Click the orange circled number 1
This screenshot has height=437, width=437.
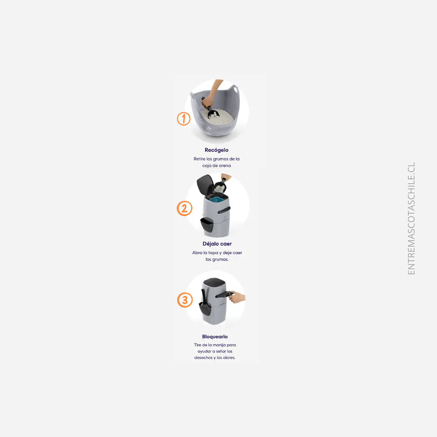pyautogui.click(x=183, y=119)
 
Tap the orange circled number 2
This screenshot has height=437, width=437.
pyautogui.click(x=184, y=209)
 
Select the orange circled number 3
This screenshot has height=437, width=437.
pyautogui.click(x=185, y=300)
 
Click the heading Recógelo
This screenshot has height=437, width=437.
pyautogui.click(x=216, y=150)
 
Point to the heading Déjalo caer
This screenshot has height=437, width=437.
pyautogui.click(x=217, y=244)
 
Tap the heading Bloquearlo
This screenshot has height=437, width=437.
pyautogui.click(x=215, y=337)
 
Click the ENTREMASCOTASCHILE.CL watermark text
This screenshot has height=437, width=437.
pyautogui.click(x=411, y=219)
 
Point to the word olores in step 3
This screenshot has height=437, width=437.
pyautogui.click(x=228, y=358)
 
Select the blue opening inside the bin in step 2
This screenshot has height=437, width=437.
pyautogui.click(x=219, y=199)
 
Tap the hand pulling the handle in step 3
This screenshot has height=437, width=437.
pyautogui.click(x=239, y=299)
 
